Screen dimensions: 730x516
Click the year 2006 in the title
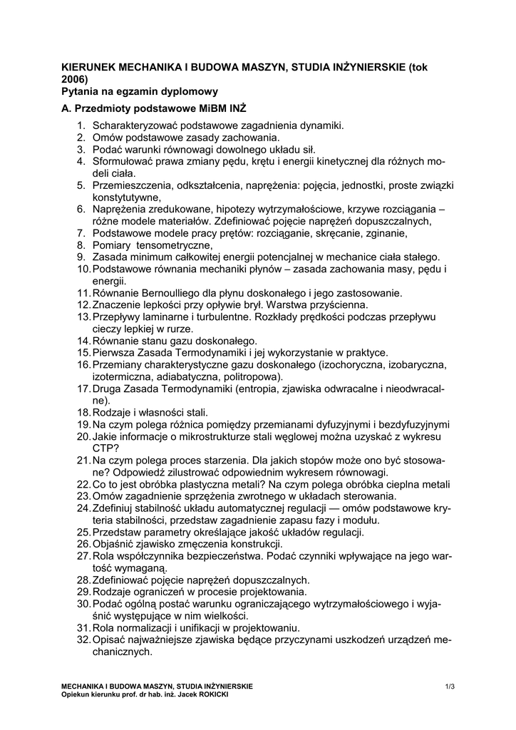[x=74, y=78]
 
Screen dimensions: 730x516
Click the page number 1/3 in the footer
[x=449, y=687]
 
